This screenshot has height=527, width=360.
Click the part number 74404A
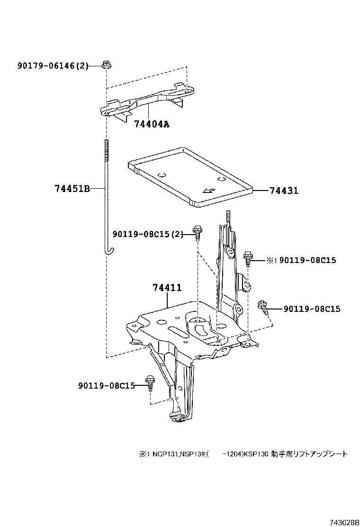(151, 124)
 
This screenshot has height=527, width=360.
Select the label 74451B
(72, 189)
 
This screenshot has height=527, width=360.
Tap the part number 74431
(284, 191)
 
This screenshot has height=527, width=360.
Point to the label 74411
(167, 288)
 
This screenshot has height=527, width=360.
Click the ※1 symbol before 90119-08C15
(271, 260)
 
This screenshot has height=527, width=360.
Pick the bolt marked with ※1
(248, 259)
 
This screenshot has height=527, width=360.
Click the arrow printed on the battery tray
(208, 191)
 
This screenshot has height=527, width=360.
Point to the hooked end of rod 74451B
(109, 250)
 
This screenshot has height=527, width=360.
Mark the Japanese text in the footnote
(309, 454)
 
